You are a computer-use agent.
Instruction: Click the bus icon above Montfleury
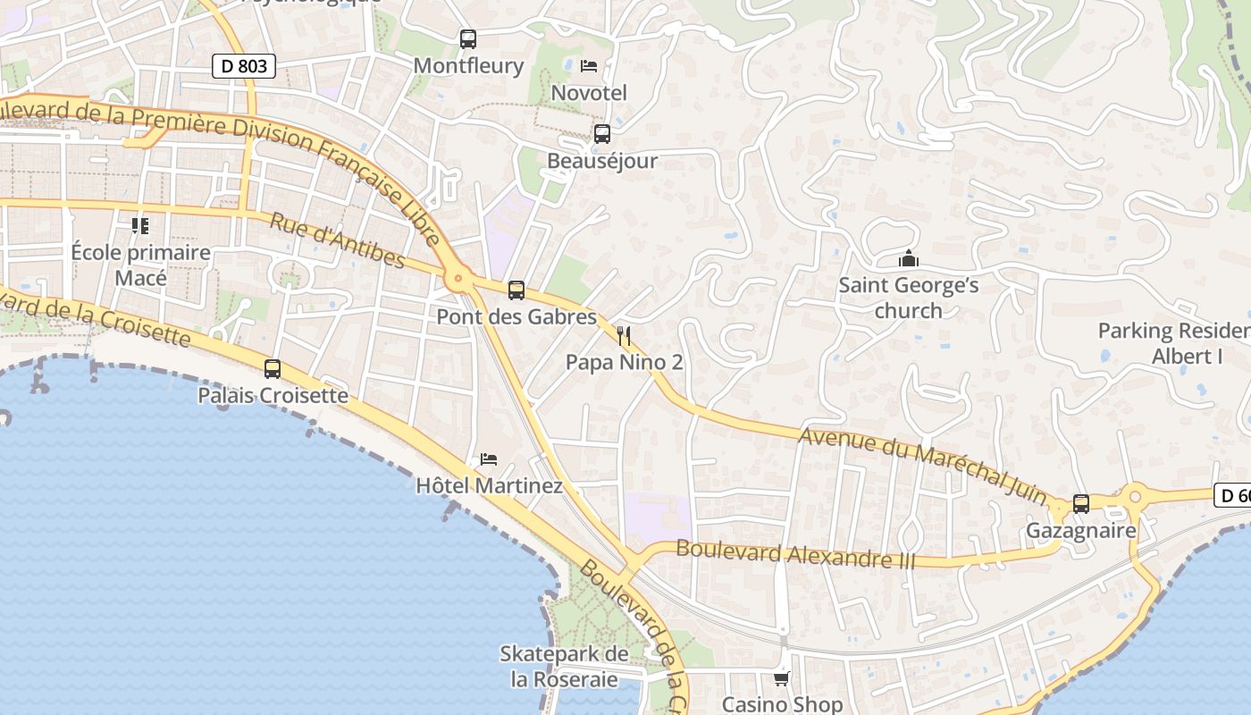click(468, 39)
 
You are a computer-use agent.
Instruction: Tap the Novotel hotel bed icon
click(589, 66)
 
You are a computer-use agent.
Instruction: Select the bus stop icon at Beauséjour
click(602, 134)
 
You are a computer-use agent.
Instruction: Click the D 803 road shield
click(244, 66)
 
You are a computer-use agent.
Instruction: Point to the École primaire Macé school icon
click(140, 225)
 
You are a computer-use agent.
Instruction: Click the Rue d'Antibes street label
click(337, 240)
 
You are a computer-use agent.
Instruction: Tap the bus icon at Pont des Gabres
click(516, 290)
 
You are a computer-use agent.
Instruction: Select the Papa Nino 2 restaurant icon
click(625, 336)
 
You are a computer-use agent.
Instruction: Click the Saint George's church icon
click(909, 259)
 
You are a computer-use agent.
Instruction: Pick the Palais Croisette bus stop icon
click(273, 368)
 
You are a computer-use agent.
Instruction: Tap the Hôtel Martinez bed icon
click(489, 459)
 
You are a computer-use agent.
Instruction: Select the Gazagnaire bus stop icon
click(1081, 504)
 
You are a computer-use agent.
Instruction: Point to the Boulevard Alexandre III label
click(795, 554)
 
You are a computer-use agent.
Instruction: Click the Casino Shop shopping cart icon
click(782, 679)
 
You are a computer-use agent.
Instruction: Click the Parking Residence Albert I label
click(1174, 343)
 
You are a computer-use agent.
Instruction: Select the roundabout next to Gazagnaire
click(1135, 494)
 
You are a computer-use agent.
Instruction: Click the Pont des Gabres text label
click(516, 317)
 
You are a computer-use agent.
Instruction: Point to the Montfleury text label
click(468, 66)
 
